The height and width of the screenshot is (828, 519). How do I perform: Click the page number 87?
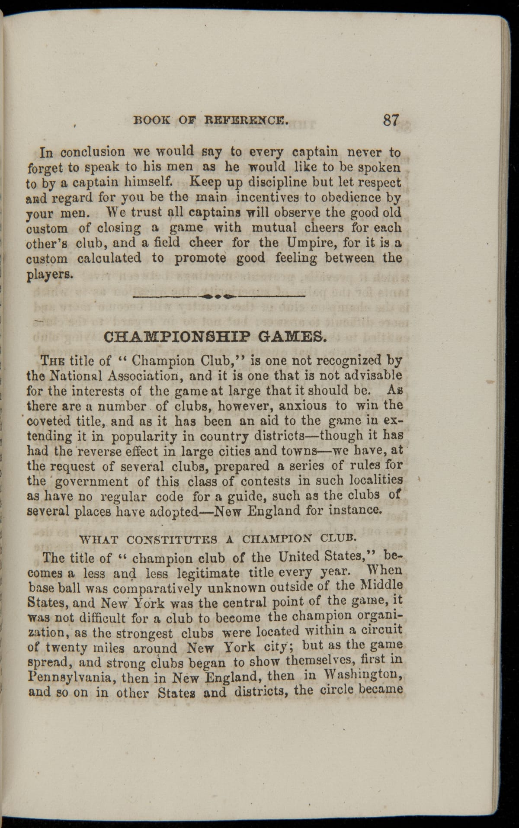tap(390, 120)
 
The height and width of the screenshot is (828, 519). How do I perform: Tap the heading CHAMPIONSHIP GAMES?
tap(214, 337)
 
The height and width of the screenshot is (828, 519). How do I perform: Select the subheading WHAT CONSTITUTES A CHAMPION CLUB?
tap(218, 539)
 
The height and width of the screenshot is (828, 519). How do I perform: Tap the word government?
tap(92, 482)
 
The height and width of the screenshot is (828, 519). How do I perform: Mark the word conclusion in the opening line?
tap(93, 153)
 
